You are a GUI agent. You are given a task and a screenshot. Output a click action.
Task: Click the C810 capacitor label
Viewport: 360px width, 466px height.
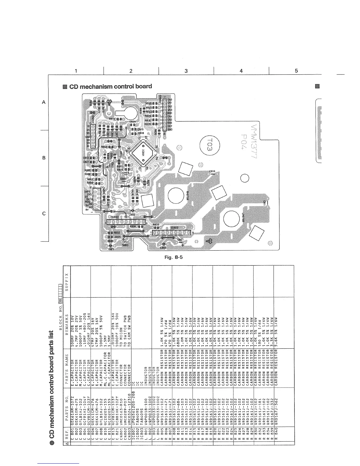212,172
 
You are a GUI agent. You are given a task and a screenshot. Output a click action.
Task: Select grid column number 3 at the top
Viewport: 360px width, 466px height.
186,71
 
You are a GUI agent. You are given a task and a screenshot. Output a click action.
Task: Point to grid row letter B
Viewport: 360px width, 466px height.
44,158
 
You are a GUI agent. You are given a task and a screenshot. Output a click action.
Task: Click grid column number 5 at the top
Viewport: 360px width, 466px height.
296,71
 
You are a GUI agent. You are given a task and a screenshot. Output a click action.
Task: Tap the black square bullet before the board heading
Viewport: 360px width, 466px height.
65,86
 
